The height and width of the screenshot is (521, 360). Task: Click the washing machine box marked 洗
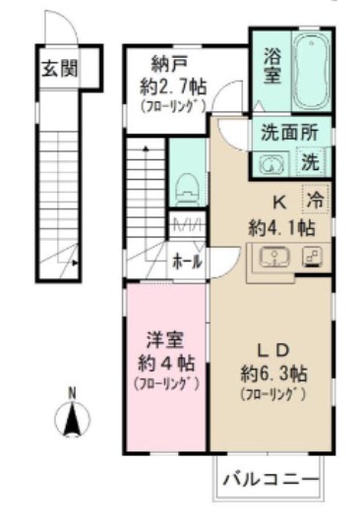310,161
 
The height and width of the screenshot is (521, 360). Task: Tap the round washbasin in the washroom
269,163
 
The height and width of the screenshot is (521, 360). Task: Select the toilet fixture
185,186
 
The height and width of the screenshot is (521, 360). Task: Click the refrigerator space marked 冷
315,200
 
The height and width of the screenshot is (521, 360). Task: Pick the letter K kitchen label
279,203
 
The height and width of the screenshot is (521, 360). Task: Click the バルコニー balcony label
270,480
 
